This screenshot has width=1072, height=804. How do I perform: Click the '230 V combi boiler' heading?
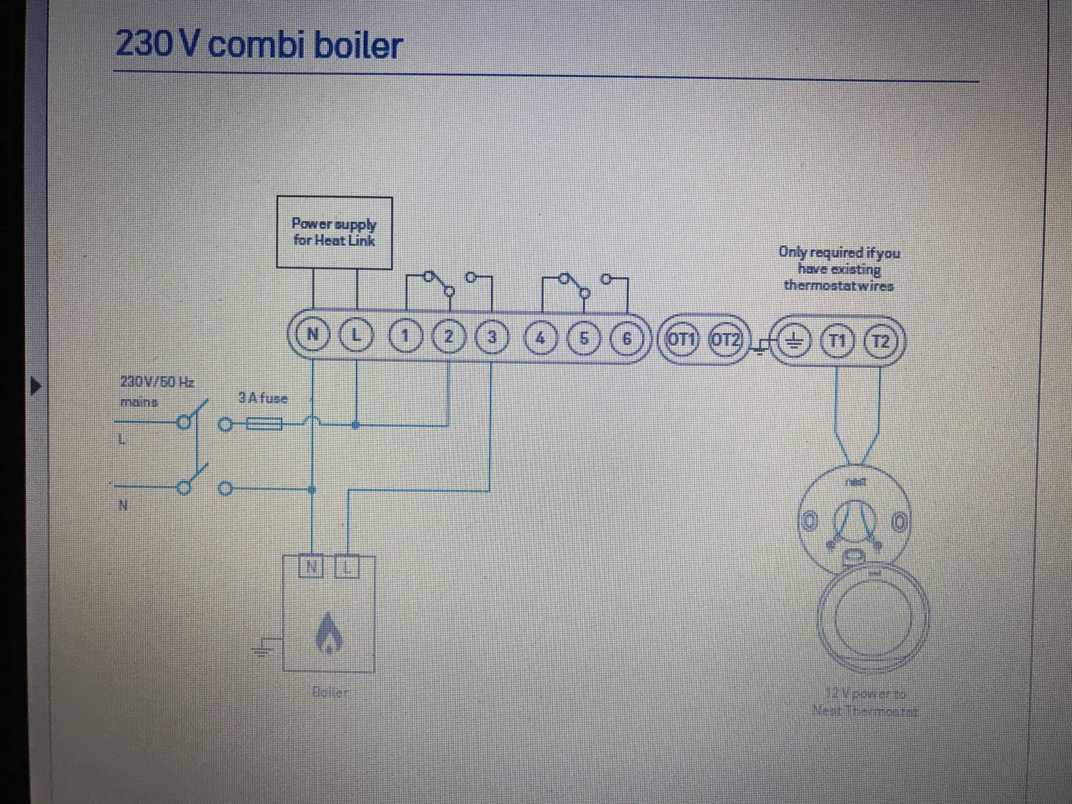point(259,46)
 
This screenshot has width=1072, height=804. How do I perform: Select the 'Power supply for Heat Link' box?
point(334,232)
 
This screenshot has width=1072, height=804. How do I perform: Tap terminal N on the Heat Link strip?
point(312,337)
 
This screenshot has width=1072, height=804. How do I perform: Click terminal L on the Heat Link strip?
point(356,337)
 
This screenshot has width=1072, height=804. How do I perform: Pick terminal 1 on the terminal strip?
point(404,338)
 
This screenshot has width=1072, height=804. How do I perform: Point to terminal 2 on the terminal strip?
point(448,338)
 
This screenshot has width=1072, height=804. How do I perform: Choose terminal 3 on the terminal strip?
point(492,338)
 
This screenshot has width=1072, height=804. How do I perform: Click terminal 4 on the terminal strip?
point(541,338)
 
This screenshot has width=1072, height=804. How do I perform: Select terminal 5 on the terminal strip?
point(584,339)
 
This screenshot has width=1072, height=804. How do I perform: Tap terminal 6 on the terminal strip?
point(626,339)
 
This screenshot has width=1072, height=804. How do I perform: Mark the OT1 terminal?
point(680,340)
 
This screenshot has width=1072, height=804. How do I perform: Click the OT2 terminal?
point(726,340)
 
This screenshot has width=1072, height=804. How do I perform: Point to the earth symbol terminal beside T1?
point(794,341)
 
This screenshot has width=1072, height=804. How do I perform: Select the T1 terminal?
point(837,341)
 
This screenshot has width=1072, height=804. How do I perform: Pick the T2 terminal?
point(882,341)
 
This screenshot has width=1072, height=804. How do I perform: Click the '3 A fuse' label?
point(263,399)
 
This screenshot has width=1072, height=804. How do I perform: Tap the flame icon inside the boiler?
point(328,633)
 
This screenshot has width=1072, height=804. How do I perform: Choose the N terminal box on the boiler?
point(312,569)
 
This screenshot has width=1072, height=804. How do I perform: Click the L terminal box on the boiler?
point(347,569)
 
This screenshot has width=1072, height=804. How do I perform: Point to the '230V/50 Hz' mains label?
point(157,383)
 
